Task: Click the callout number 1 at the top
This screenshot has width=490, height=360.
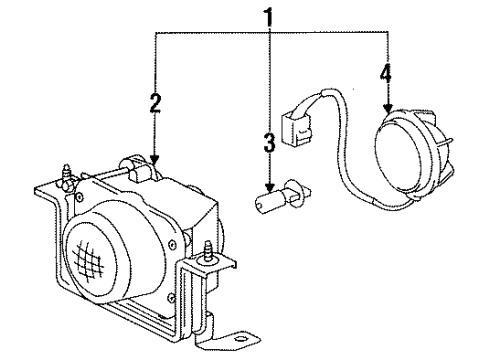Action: (x=269, y=18)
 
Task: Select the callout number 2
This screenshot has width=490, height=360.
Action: (x=155, y=103)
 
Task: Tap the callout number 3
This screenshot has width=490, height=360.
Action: (x=269, y=142)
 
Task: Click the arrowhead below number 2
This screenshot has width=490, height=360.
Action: (x=154, y=159)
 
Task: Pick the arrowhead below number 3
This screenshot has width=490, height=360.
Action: (x=270, y=188)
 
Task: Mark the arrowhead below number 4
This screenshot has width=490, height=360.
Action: (x=387, y=108)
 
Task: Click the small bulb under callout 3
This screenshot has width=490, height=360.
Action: (x=283, y=195)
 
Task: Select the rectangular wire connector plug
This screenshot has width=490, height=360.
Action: (x=297, y=131)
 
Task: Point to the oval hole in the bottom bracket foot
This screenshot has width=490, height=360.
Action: (x=240, y=339)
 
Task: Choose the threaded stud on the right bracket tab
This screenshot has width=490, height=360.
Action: (x=209, y=250)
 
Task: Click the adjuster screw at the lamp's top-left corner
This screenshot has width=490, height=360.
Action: (x=66, y=175)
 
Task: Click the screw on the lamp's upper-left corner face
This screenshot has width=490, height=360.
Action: (x=80, y=197)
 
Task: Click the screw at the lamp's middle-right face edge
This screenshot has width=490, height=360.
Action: (x=172, y=243)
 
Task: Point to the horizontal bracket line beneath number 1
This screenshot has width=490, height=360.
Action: (x=271, y=32)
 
